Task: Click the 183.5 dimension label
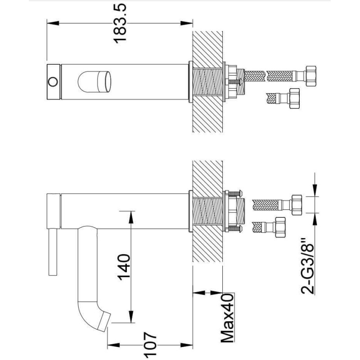(120, 23)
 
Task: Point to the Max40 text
(227, 318)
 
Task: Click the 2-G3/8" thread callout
(307, 266)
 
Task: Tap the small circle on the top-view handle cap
(53, 82)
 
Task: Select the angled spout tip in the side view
(104, 321)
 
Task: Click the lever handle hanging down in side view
(53, 252)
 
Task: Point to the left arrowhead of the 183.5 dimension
(53, 23)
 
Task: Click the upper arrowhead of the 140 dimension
(131, 217)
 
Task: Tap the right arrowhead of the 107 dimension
(186, 345)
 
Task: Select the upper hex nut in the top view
(310, 75)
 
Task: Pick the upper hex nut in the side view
(296, 205)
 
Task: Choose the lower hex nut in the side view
(279, 227)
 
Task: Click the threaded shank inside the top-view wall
(207, 82)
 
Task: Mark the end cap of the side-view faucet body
(54, 211)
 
